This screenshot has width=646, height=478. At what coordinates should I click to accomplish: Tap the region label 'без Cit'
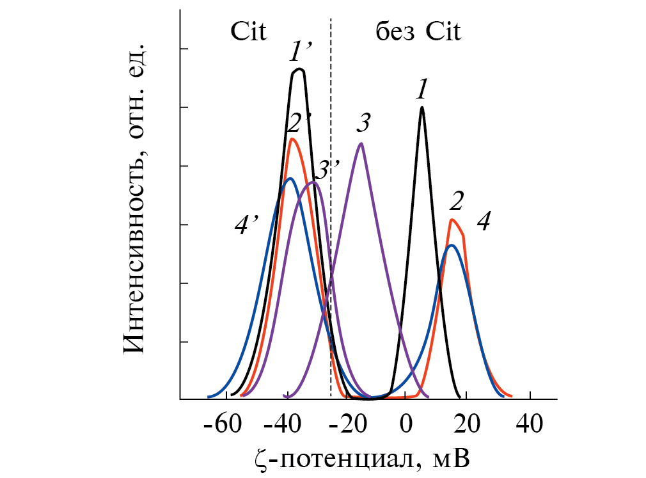pos(418,31)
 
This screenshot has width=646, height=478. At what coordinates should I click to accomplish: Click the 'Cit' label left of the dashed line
pos(248,31)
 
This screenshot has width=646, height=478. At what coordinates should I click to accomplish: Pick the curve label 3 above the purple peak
pos(365,122)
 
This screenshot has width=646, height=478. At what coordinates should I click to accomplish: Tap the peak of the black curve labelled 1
pos(422,108)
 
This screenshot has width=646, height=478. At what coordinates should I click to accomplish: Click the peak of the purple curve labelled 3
pos(361,143)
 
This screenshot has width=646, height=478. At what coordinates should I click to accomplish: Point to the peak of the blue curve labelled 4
pos(452,245)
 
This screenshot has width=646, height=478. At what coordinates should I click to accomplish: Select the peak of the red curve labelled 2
pos(452,219)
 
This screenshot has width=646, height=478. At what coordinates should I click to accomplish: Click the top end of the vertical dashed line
pos(331,19)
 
